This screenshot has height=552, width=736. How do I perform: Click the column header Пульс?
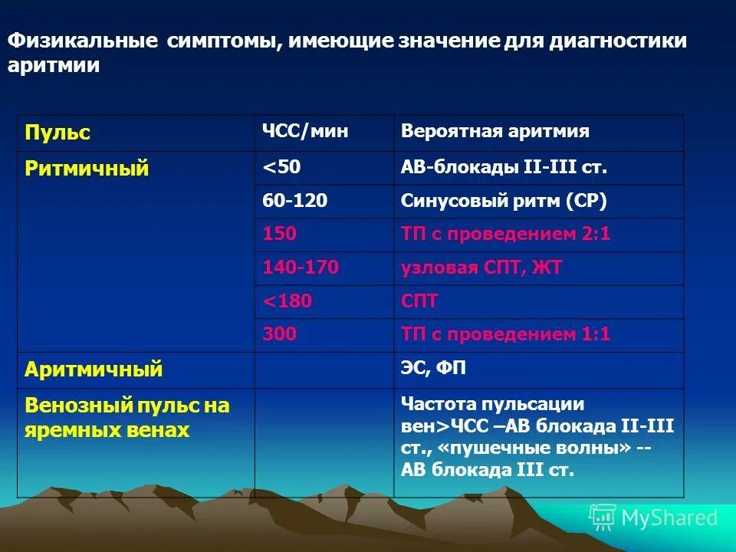click(58, 133)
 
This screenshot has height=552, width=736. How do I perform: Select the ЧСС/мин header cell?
click(305, 132)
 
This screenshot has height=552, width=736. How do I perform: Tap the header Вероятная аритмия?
click(495, 132)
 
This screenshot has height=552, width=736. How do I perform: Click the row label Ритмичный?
click(87, 169)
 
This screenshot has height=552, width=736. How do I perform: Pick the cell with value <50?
click(282, 167)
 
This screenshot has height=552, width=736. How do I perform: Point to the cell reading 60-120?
click(294, 201)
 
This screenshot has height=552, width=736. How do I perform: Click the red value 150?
click(279, 234)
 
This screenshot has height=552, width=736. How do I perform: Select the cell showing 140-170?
click(301, 268)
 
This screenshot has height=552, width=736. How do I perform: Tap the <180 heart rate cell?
click(287, 301)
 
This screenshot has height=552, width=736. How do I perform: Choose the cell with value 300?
click(279, 334)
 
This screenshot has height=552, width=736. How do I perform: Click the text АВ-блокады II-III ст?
click(498, 167)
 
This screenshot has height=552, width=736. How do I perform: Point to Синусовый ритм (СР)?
click(504, 201)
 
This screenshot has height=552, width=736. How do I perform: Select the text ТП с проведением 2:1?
click(505, 234)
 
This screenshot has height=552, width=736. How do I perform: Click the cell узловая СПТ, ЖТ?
click(481, 268)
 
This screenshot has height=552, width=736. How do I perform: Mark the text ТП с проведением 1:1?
click(505, 334)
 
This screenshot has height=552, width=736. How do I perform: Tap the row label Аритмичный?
click(94, 370)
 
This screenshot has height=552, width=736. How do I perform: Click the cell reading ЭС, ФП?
click(433, 369)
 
